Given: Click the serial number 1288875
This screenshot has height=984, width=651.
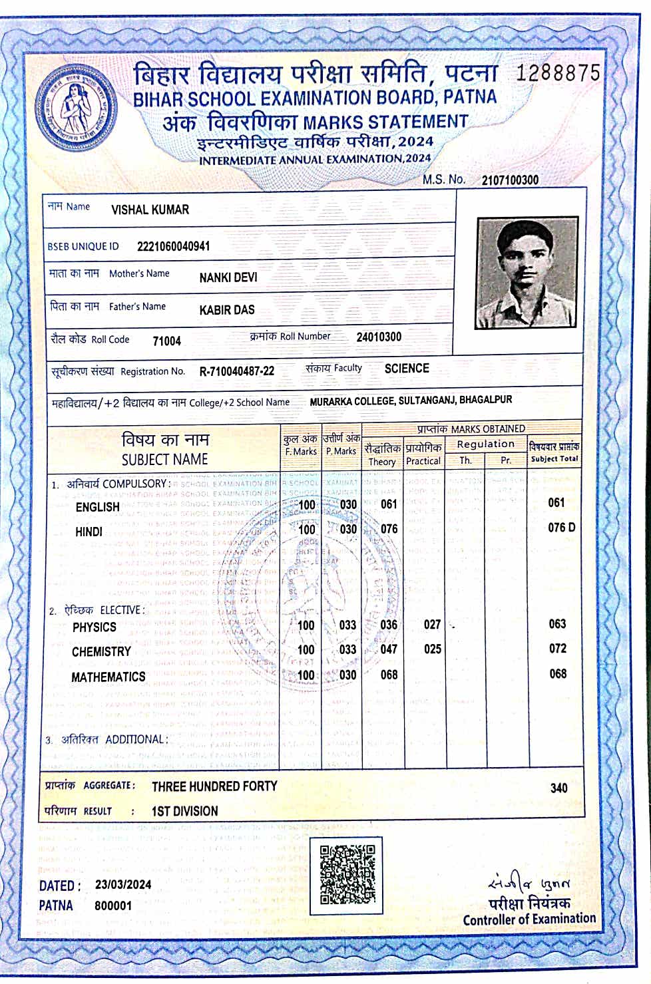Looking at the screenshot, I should click(558, 73).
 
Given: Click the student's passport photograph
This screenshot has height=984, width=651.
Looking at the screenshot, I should click(526, 273).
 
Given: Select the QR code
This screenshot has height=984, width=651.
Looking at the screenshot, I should click(347, 874).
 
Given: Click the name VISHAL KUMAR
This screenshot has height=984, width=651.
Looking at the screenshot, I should click(150, 210).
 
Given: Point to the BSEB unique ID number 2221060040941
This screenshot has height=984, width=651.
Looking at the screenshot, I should click(173, 246).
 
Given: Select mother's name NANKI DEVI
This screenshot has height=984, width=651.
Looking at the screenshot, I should click(228, 277).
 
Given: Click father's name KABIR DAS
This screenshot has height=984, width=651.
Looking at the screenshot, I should click(226, 310).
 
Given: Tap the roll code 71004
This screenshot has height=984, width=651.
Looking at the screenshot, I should click(166, 341).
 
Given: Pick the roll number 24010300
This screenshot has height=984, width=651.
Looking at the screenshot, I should click(379, 337).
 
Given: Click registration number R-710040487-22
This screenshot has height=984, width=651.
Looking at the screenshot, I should click(236, 371).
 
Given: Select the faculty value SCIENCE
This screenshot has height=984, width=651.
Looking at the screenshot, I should click(407, 369).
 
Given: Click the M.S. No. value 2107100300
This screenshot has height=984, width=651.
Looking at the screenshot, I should click(510, 180).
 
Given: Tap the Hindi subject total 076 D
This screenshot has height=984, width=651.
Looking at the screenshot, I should click(561, 528).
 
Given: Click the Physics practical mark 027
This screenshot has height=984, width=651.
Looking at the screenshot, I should click(432, 624).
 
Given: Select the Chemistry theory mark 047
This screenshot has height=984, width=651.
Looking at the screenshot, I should click(389, 649).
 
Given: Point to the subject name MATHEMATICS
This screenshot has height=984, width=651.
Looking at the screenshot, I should click(108, 677).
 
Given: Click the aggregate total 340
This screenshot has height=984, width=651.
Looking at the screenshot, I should click(558, 788).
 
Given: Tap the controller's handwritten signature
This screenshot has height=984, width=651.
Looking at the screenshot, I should click(529, 884).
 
